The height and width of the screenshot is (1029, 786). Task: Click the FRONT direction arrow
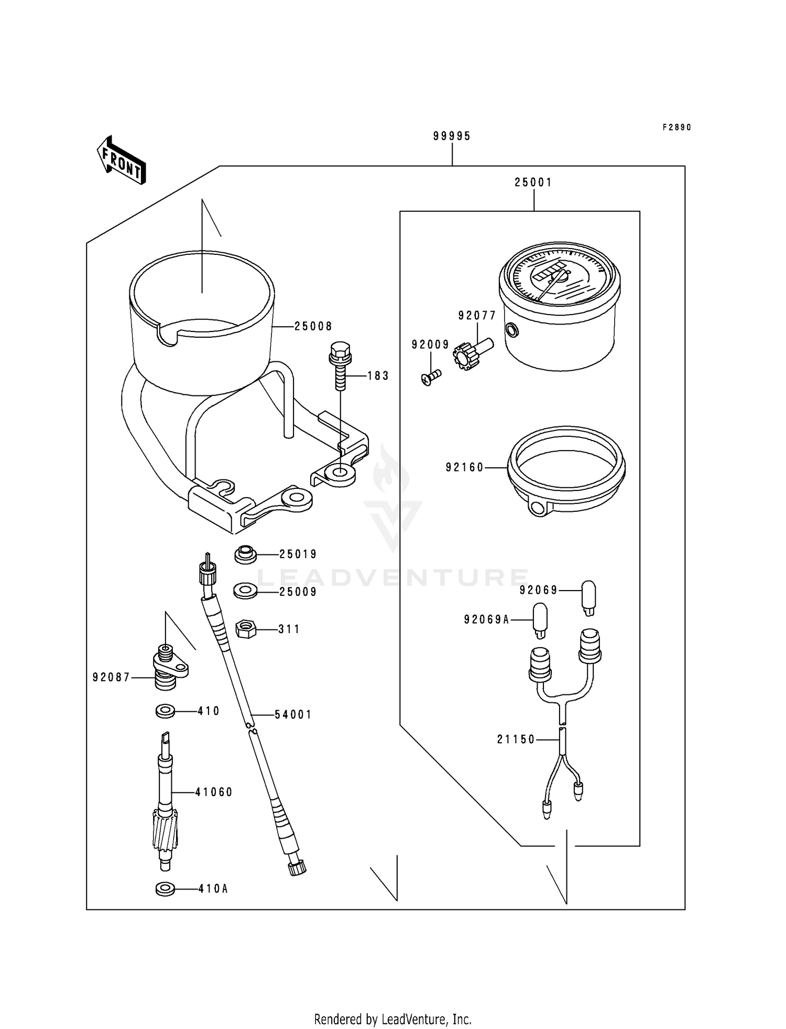click(x=121, y=160)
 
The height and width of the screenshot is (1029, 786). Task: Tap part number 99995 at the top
click(x=452, y=136)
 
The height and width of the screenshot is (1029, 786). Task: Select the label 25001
click(x=533, y=183)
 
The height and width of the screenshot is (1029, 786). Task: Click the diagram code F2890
click(x=676, y=127)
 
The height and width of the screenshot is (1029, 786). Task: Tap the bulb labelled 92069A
click(x=540, y=619)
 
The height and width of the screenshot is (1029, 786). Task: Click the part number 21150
click(x=516, y=739)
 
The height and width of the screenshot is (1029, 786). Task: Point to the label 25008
click(x=313, y=326)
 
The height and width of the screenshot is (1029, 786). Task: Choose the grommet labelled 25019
click(x=245, y=554)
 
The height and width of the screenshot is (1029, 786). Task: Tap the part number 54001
click(x=293, y=714)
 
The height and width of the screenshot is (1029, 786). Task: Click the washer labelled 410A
click(x=165, y=889)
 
